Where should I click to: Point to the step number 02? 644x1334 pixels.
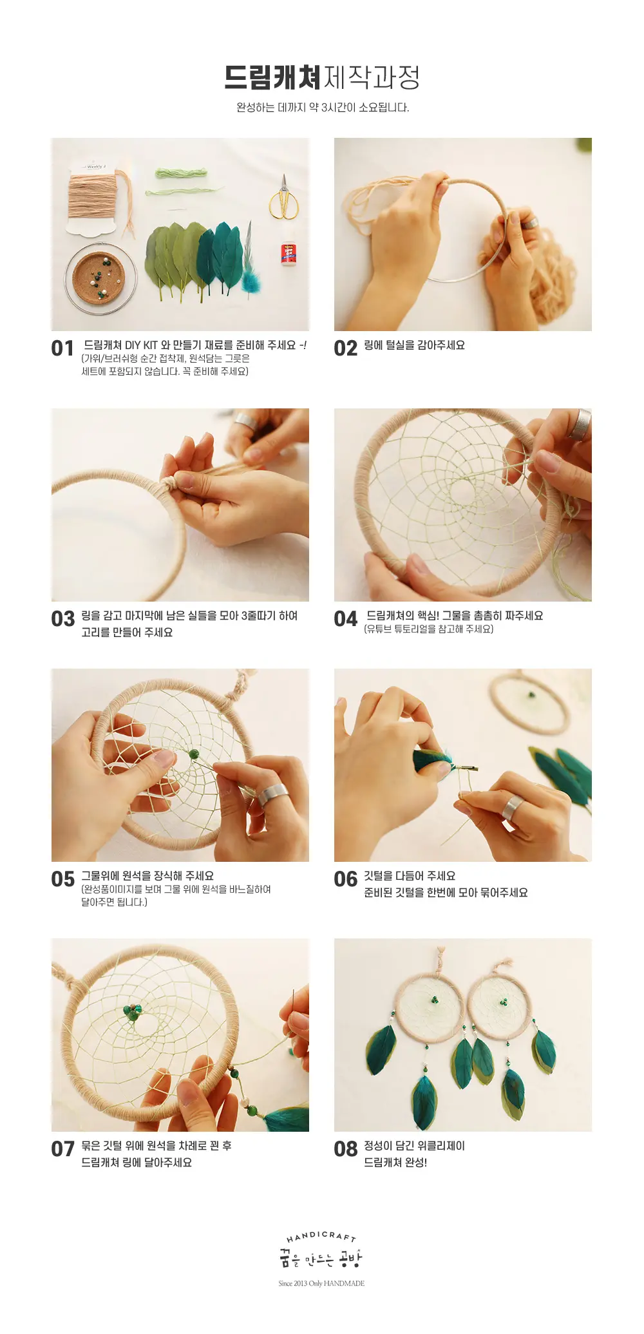(x=345, y=348)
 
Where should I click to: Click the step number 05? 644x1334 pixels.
(x=63, y=879)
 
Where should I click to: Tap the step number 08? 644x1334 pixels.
(x=345, y=1149)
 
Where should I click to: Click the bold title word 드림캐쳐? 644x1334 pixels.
(x=272, y=78)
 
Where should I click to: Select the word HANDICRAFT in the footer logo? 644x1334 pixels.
(x=321, y=1236)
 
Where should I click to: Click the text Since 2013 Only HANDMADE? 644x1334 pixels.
(x=321, y=1283)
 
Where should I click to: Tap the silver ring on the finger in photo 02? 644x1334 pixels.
(x=530, y=222)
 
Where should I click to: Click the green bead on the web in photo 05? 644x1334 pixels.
(x=194, y=754)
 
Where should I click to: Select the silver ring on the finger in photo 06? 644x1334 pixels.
(x=513, y=807)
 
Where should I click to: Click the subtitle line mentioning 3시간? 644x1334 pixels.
(x=323, y=108)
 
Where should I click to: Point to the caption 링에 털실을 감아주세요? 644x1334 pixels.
(x=414, y=345)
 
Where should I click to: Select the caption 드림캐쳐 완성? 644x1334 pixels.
(x=395, y=1163)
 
